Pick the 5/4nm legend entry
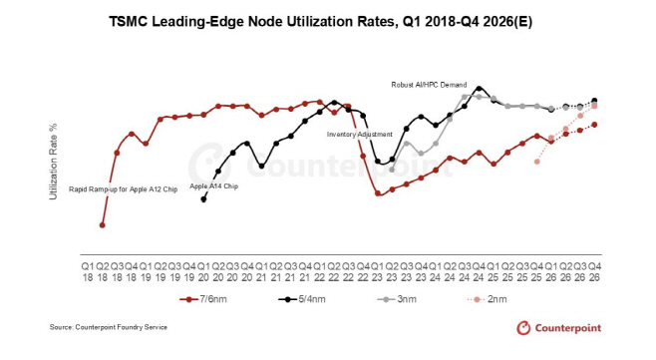pyautogui.click(x=299, y=297)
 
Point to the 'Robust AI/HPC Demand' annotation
pyautogui.click(x=428, y=86)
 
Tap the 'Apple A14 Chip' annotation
pyautogui.click(x=213, y=186)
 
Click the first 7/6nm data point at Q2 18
pyautogui.click(x=103, y=225)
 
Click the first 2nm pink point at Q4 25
pyautogui.click(x=537, y=162)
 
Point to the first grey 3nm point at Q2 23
pyautogui.click(x=392, y=170)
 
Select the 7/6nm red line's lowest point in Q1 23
pyautogui.click(x=377, y=192)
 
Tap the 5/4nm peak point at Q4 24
pyautogui.click(x=480, y=88)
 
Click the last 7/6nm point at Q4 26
pyautogui.click(x=594, y=125)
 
